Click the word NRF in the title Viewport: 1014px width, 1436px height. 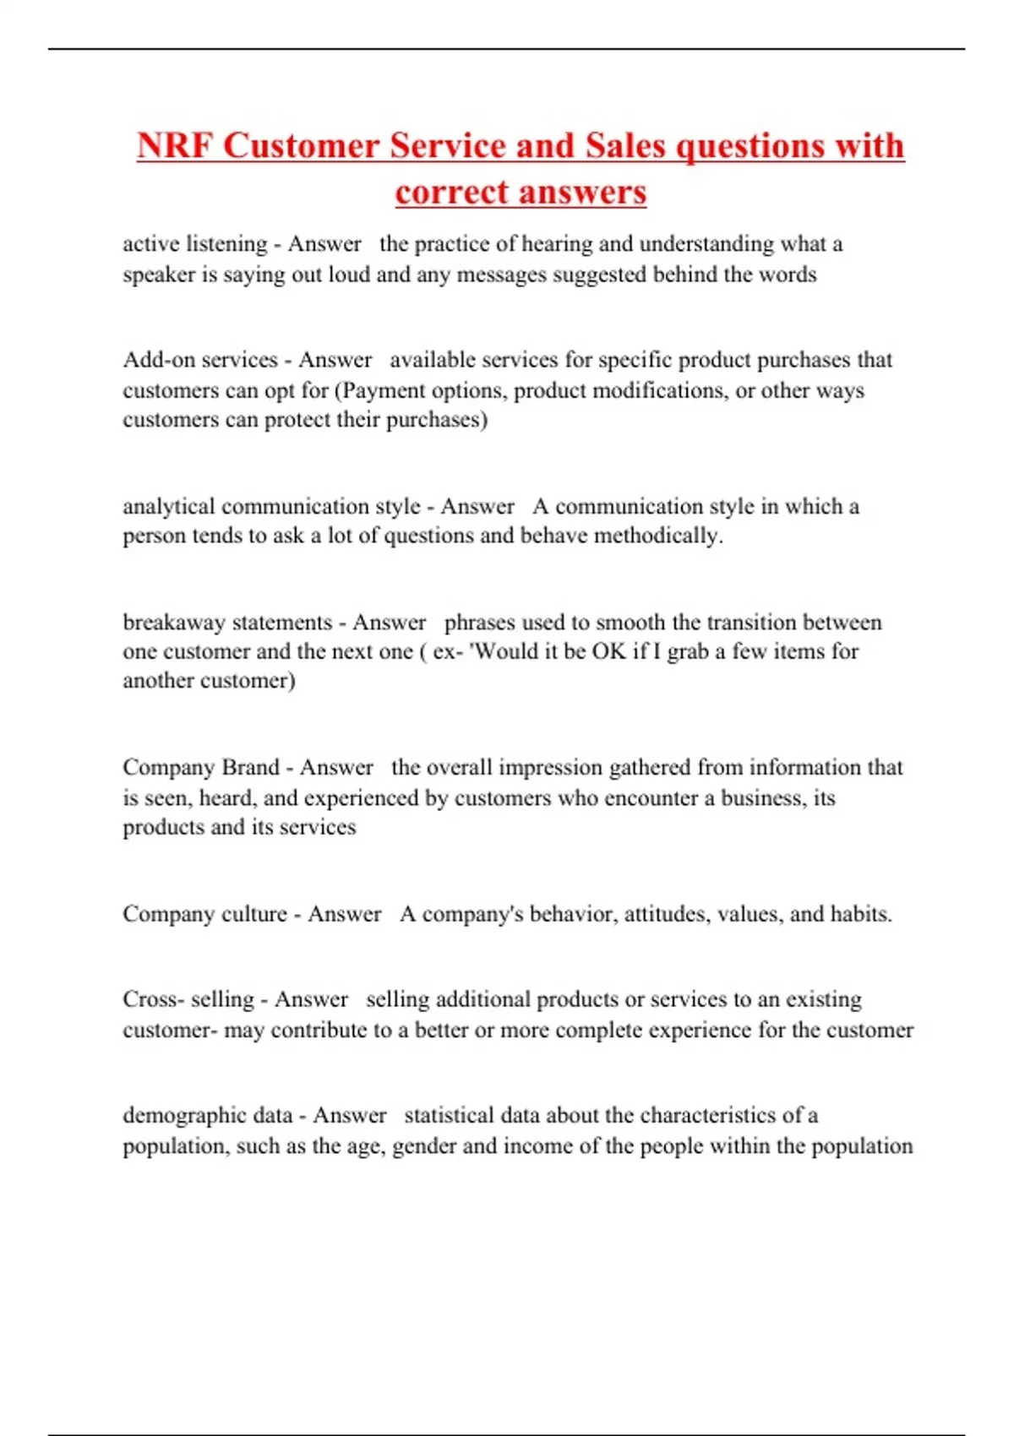[175, 146]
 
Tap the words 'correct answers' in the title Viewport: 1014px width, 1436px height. [521, 192]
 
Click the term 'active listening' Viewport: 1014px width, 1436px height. [194, 244]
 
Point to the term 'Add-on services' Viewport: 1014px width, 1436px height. [200, 360]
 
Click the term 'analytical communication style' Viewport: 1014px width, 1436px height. [271, 506]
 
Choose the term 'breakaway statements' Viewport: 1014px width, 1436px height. [227, 623]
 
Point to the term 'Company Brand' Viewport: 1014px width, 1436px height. [200, 767]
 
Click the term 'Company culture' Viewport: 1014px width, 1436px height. [204, 914]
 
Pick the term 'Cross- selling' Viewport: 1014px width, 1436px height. [188, 999]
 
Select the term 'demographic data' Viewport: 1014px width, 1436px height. [207, 1115]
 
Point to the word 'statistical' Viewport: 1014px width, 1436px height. [449, 1115]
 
